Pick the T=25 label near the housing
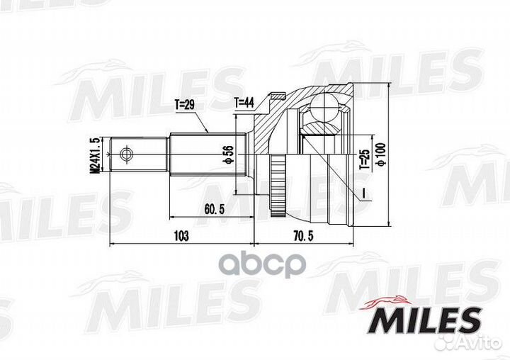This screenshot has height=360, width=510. (363, 159)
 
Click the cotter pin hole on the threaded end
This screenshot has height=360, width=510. (127, 153)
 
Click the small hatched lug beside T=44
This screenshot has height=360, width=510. (276, 99)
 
